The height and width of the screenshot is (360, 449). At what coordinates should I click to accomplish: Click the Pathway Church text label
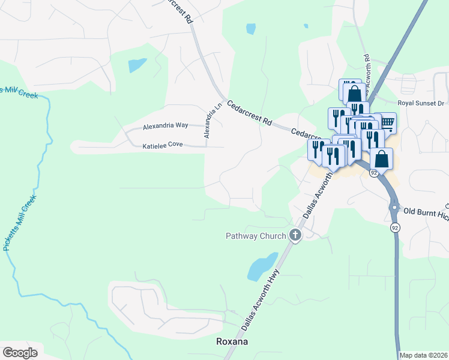256,236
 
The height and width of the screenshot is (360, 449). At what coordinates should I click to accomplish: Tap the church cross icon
295,235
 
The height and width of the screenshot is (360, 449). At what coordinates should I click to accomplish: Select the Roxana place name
231,341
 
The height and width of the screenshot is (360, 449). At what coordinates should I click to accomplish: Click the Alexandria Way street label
165,126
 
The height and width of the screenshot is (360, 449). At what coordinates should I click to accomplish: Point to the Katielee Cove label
162,145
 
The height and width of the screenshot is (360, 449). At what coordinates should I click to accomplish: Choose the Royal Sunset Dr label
424,103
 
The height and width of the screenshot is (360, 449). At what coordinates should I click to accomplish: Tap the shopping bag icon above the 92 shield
381,160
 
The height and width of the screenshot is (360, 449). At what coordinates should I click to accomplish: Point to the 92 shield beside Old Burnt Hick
394,228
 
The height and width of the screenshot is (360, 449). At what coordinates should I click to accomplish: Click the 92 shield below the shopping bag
374,173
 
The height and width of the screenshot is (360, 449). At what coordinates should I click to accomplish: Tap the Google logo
19,352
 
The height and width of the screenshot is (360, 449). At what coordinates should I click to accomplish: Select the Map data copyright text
423,355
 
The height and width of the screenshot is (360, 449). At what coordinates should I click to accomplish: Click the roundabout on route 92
394,208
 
